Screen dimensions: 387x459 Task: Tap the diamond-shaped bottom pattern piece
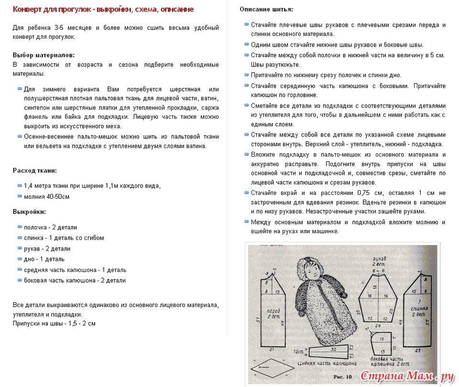tap(269, 368)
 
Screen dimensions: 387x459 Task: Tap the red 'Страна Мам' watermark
tap(407, 376)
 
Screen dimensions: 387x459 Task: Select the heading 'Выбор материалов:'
tap(44, 55)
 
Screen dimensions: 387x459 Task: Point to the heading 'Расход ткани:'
tap(35, 170)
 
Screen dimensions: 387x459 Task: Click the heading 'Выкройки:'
tap(29, 211)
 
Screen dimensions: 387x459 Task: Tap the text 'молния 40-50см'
tap(47, 196)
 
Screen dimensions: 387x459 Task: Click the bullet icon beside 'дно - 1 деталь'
tap(20, 259)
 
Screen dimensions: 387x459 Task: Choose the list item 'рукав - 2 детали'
tap(47, 249)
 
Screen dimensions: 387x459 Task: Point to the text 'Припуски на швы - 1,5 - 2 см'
tap(54, 323)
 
